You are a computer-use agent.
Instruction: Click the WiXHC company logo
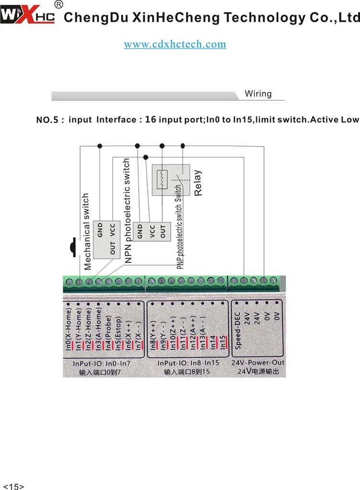(x=27, y=15)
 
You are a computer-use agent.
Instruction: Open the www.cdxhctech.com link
(x=175, y=44)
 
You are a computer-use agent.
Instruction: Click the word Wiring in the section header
(x=258, y=94)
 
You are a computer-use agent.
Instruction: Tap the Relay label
(x=198, y=183)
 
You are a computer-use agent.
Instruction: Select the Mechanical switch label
(x=87, y=231)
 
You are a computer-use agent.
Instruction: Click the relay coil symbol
(x=162, y=179)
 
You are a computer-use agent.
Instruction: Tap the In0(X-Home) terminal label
(x=68, y=329)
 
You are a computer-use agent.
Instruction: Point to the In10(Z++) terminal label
(x=173, y=333)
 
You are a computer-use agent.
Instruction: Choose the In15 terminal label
(x=223, y=343)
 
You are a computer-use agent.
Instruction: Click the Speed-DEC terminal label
(x=238, y=331)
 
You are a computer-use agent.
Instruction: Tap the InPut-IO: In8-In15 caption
(x=188, y=363)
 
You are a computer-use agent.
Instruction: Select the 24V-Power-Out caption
(x=258, y=363)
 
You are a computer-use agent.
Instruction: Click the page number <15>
(x=13, y=486)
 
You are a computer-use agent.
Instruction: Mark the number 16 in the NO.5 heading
(x=151, y=119)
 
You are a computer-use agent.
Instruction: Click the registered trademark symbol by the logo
(x=59, y=4)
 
